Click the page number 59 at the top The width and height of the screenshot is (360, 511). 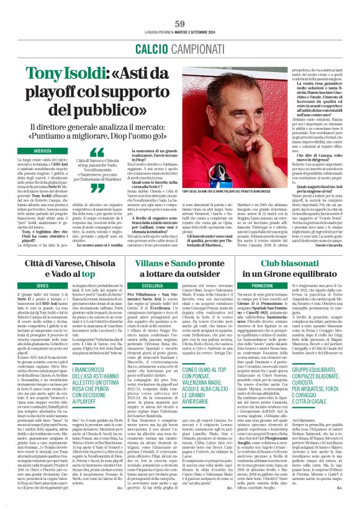180,7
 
